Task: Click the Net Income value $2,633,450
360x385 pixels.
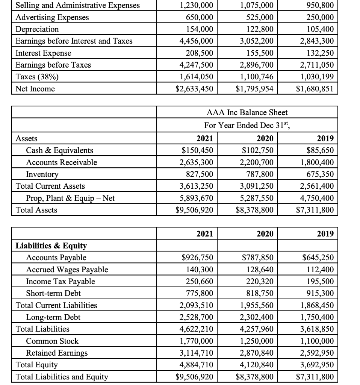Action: (194, 89)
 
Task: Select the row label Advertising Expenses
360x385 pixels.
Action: (52, 17)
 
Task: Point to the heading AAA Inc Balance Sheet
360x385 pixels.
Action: (247, 112)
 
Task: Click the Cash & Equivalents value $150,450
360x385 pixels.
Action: (197, 150)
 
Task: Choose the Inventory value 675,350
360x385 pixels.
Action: (318, 174)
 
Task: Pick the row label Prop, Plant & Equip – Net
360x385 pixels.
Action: (70, 198)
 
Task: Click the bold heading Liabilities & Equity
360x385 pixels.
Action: (51, 246)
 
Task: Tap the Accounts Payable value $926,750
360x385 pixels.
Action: (197, 258)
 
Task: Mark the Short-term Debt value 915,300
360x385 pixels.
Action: (318, 293)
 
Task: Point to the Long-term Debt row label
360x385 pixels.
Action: (53, 317)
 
